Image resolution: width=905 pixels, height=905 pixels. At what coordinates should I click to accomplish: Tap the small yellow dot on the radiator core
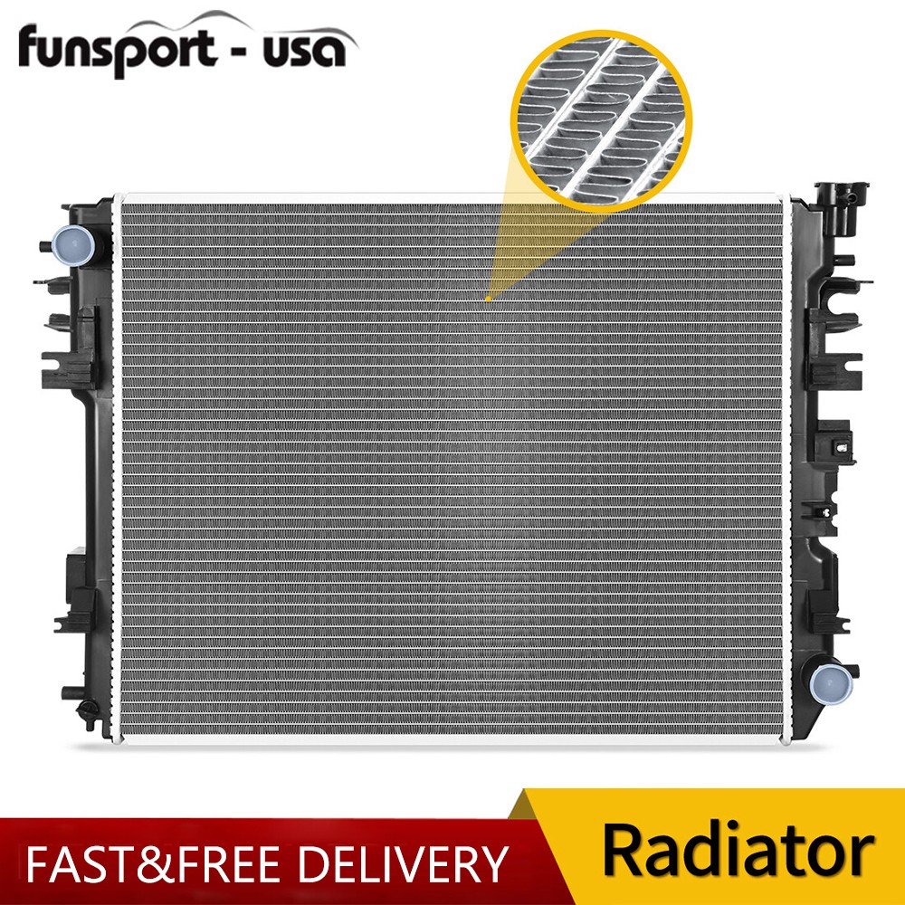[488, 298]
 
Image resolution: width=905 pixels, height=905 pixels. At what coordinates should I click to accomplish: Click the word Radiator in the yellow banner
[738, 851]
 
